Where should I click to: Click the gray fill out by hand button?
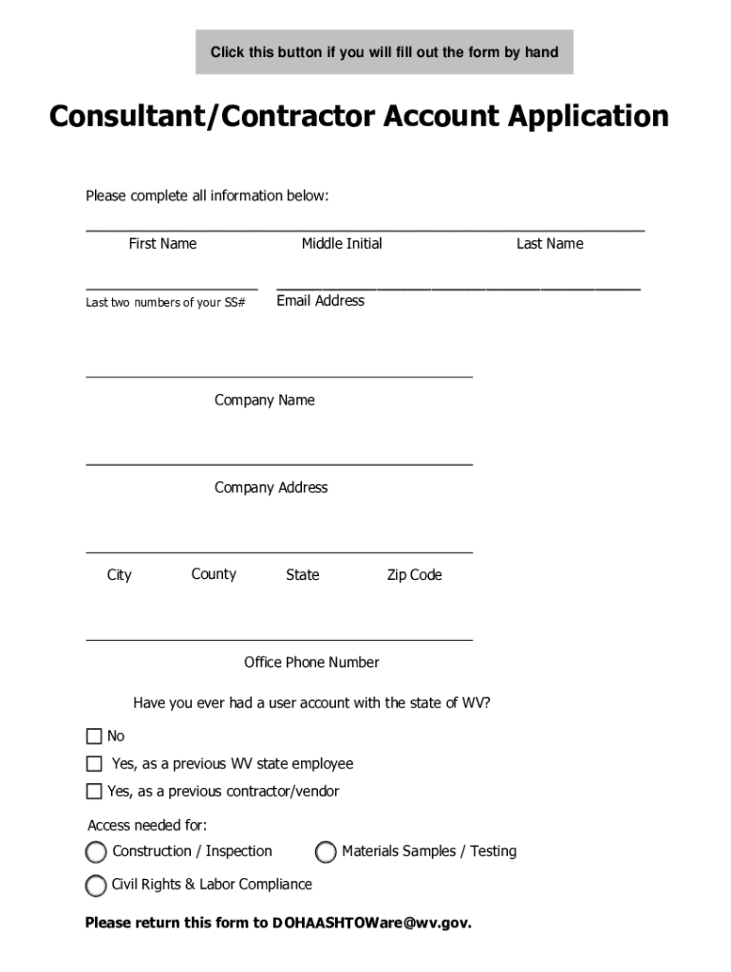(x=384, y=52)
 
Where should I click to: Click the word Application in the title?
(x=589, y=117)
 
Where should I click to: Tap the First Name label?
(x=162, y=244)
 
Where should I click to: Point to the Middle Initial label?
(x=342, y=244)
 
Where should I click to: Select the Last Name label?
(x=550, y=244)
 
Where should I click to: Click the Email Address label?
(x=320, y=301)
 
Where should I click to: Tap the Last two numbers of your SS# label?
(x=165, y=303)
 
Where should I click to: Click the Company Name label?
(x=264, y=401)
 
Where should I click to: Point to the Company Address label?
(x=271, y=488)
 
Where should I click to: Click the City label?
(x=120, y=575)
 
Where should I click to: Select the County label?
(x=214, y=574)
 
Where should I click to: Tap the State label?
(x=303, y=575)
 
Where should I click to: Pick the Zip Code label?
(x=414, y=575)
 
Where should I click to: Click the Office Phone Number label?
(x=311, y=663)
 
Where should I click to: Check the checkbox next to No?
(x=94, y=736)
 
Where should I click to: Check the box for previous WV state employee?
(x=94, y=763)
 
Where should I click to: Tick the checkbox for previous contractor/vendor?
(x=94, y=791)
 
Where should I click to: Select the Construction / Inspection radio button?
(x=96, y=851)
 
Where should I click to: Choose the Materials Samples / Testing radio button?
(x=326, y=852)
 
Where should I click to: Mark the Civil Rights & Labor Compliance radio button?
(x=96, y=886)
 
